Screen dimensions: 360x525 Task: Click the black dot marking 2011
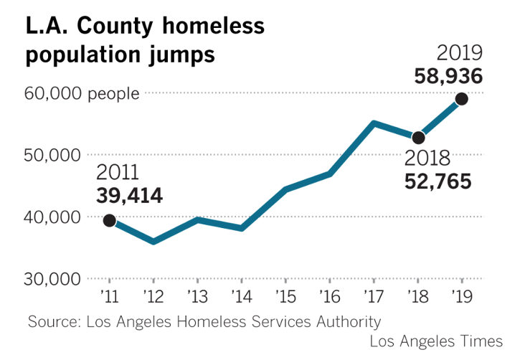pyautogui.click(x=109, y=221)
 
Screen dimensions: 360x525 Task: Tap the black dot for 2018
pyautogui.click(x=418, y=137)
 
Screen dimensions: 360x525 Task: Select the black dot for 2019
pyautogui.click(x=461, y=99)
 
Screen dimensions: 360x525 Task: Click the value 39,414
pyautogui.click(x=129, y=195)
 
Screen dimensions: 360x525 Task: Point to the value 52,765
pyautogui.click(x=437, y=181)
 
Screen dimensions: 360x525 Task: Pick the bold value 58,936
pyautogui.click(x=448, y=76)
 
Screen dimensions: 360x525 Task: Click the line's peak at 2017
pyautogui.click(x=374, y=123)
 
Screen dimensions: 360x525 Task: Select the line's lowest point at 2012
pyautogui.click(x=153, y=242)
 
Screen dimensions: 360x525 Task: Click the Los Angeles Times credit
pyautogui.click(x=436, y=340)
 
